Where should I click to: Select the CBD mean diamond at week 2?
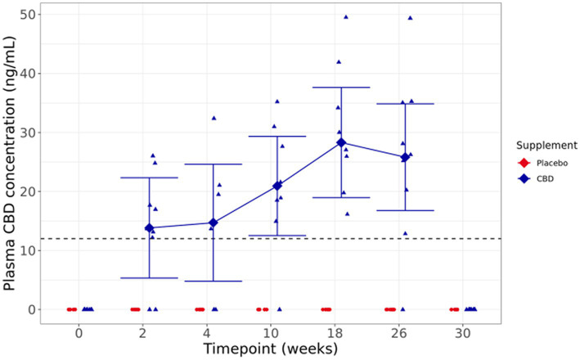tap(149, 228)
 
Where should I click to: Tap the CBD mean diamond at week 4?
tap(214, 223)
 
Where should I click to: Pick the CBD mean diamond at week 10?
tap(277, 186)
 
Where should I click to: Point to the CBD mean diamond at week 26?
tap(405, 157)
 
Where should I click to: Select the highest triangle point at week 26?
tap(410, 17)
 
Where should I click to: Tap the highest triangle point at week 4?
tap(214, 118)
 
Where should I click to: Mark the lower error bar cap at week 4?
tap(214, 281)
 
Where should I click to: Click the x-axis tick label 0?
tap(79, 333)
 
